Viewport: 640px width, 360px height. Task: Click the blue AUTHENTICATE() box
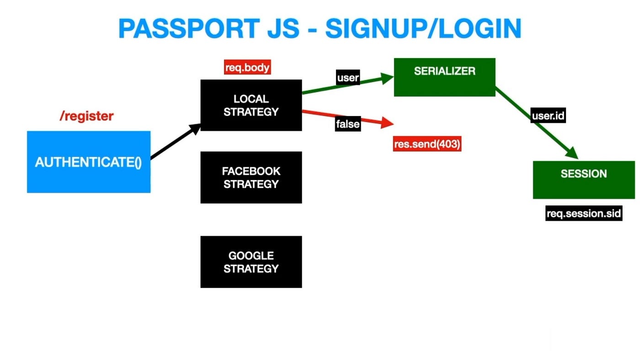point(89,162)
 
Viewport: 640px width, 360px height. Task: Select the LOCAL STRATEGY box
point(251,105)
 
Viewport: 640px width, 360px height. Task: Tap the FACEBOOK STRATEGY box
point(251,177)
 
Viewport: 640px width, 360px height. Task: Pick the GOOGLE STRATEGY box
point(251,262)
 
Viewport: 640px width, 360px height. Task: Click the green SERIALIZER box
point(444,77)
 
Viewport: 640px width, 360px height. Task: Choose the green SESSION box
point(584,180)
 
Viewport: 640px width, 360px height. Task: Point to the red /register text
point(86,116)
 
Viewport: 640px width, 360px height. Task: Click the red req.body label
point(247,68)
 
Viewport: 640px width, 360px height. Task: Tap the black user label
point(348,78)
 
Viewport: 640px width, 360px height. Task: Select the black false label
point(348,124)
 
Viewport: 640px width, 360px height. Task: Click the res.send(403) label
point(427,144)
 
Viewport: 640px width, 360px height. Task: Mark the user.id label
point(548,116)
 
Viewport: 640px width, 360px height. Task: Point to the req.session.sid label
point(584,213)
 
